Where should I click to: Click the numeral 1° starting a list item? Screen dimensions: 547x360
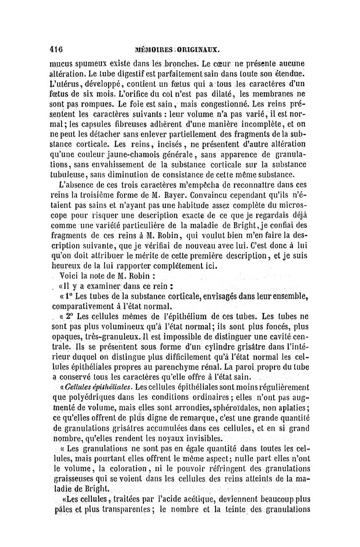pyautogui.click(x=68, y=296)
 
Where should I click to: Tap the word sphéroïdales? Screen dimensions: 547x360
pyautogui.click(x=245, y=407)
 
